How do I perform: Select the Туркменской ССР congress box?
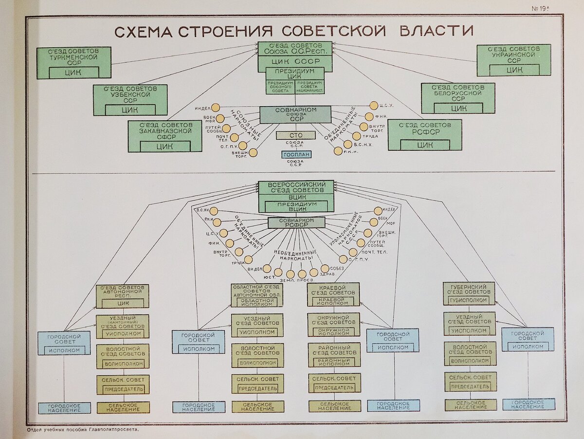pyautogui.click(x=74, y=62)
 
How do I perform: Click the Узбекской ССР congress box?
pyautogui.click(x=130, y=100)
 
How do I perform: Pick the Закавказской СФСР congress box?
pyautogui.click(x=164, y=136)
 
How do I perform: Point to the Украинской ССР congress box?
pyautogui.click(x=513, y=60)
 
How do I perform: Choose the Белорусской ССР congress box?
pyautogui.click(x=457, y=98)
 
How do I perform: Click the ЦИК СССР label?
pyautogui.click(x=295, y=61)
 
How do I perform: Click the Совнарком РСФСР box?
pyautogui.click(x=296, y=222)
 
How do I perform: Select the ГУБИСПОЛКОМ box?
pyautogui.click(x=469, y=300)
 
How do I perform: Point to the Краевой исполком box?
pyautogui.click(x=333, y=301)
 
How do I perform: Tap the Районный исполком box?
pyautogui.click(x=334, y=362)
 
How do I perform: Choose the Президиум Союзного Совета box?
pyautogui.click(x=279, y=87)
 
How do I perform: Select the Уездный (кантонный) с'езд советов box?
pyautogui.click(x=122, y=326)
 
